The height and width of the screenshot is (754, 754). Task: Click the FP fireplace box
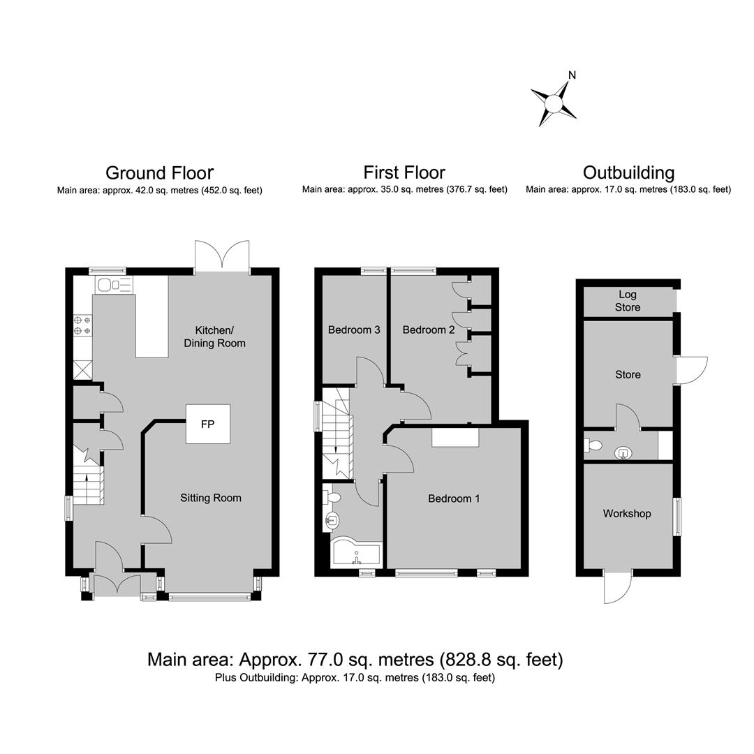point(208,424)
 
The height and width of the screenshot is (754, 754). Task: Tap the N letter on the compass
point(572,75)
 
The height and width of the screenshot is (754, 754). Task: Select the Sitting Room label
point(211,498)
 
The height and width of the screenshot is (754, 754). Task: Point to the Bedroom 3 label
point(354,330)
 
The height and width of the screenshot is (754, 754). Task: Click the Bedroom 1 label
point(454,498)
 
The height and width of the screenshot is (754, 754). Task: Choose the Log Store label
point(628,300)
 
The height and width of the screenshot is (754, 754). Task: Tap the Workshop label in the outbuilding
point(627,514)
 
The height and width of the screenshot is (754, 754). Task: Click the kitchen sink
point(114,285)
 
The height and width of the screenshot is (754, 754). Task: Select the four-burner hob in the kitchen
point(82,325)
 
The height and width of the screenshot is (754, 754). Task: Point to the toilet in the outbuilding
point(593,445)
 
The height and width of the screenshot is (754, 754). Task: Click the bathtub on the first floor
point(356,554)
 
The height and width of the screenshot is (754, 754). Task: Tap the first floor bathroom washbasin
point(332,520)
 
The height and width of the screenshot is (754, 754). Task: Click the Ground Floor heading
point(160,172)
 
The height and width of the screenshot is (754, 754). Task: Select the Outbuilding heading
point(628,172)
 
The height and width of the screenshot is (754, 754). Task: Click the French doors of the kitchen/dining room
point(222,255)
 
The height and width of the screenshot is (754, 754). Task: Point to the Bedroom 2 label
point(429,330)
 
